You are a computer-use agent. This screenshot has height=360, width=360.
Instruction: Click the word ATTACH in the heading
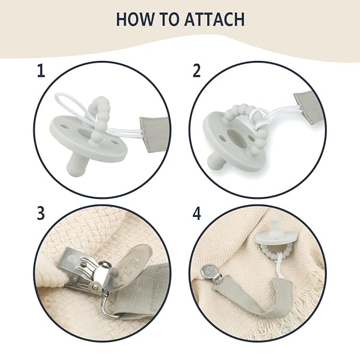(x=214, y=19)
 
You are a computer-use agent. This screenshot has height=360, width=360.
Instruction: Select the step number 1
(x=41, y=71)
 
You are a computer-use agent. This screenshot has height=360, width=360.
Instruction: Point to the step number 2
(x=197, y=71)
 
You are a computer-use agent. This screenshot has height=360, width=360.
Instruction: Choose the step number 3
(x=41, y=213)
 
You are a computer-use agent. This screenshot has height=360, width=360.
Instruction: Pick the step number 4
(x=197, y=214)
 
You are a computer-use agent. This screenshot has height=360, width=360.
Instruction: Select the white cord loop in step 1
(x=69, y=103)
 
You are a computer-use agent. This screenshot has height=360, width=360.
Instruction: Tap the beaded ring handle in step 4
(x=269, y=250)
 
